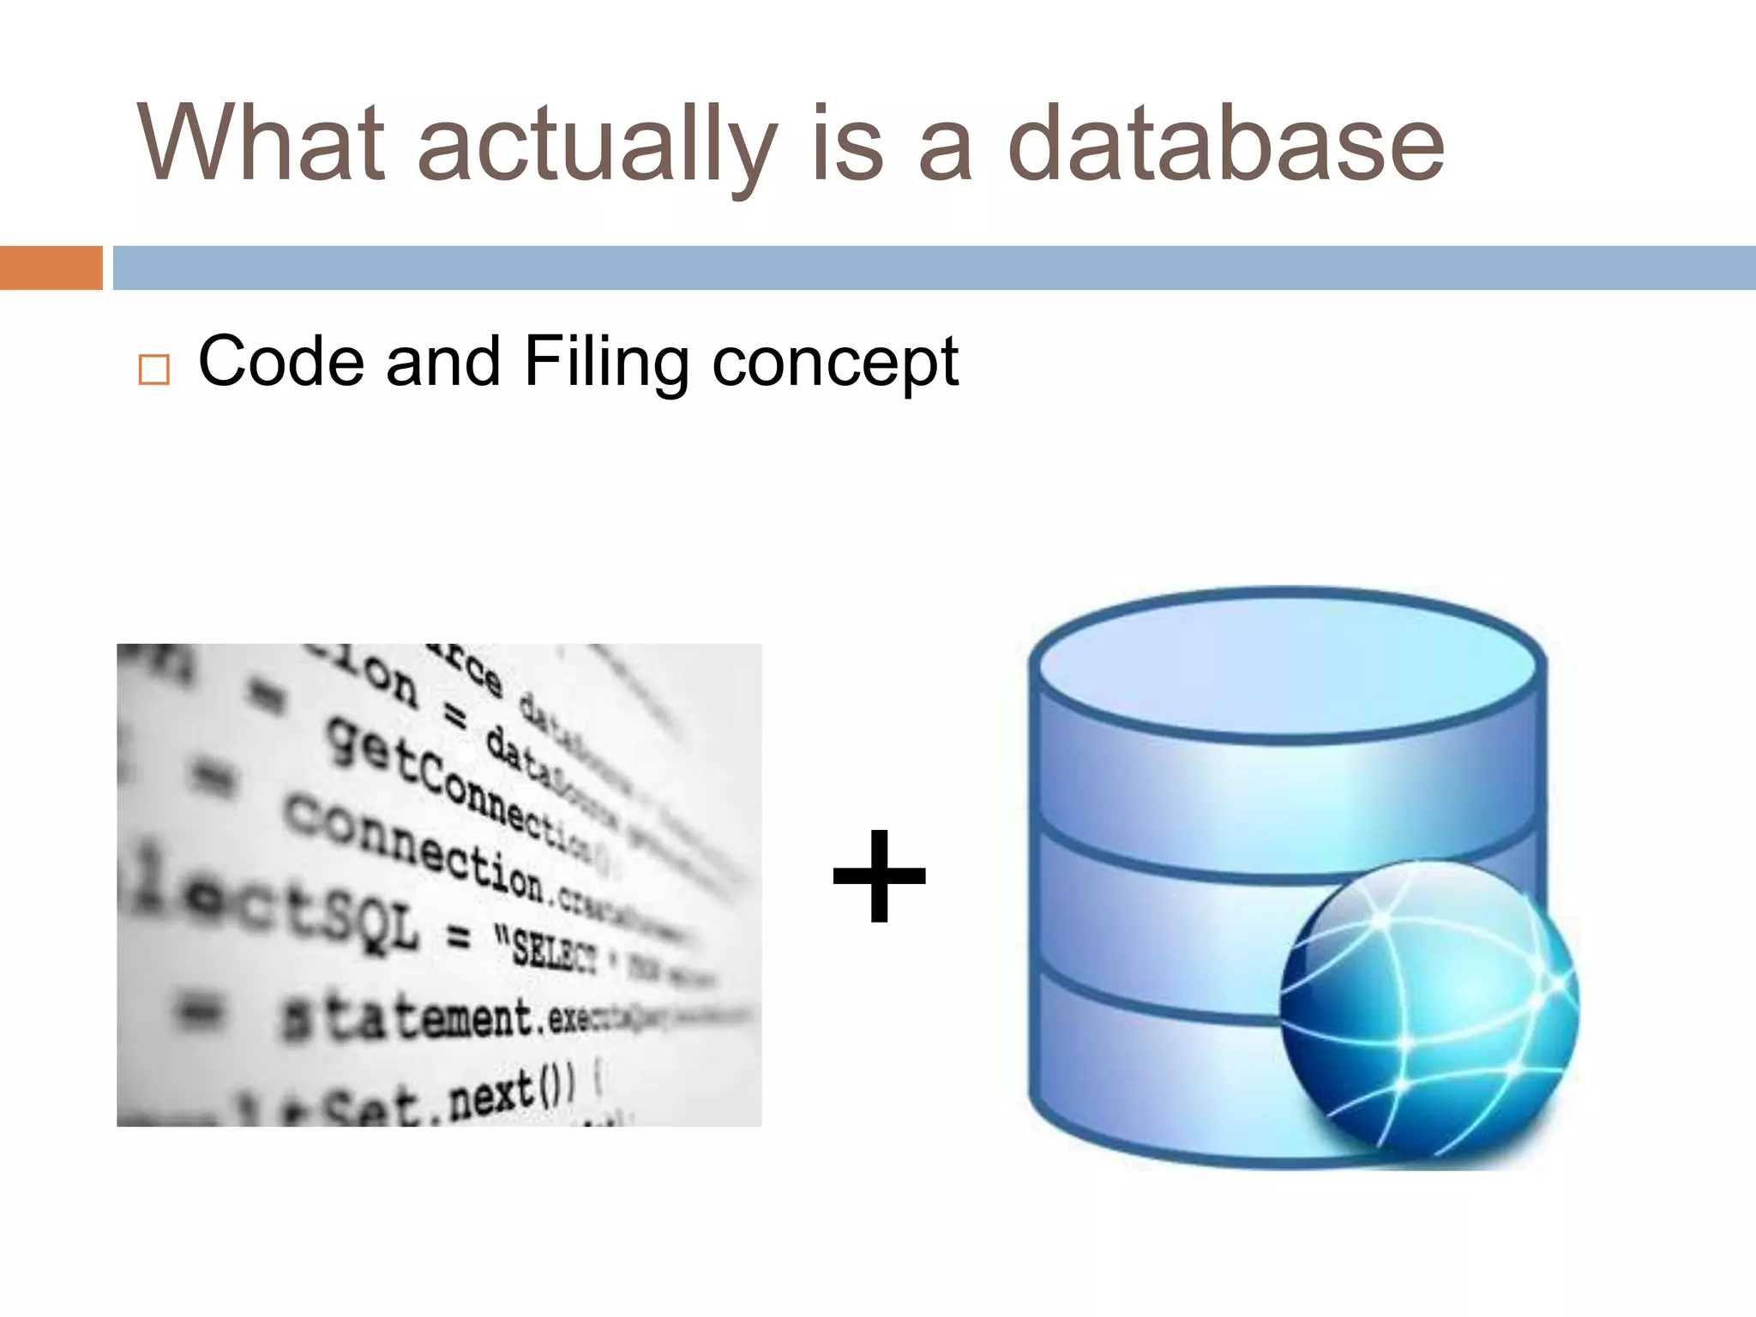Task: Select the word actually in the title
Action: pyautogui.click(x=597, y=146)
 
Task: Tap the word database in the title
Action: pyautogui.click(x=1225, y=142)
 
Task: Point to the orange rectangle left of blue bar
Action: pyautogui.click(x=51, y=268)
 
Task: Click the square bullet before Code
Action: pyautogui.click(x=153, y=370)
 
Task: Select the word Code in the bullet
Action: pyautogui.click(x=280, y=361)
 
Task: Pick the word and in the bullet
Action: pyautogui.click(x=442, y=361)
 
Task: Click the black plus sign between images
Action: pyautogui.click(x=880, y=875)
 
